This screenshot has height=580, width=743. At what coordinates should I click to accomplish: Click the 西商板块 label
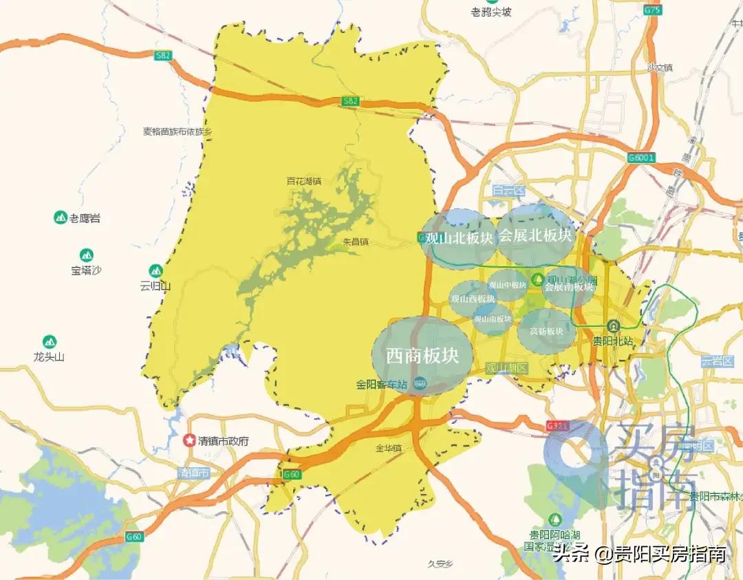point(422,356)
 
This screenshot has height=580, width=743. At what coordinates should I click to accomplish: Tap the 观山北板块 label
point(459,239)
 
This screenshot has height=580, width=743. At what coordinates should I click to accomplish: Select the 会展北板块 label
point(535,235)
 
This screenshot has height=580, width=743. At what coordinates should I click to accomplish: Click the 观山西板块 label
point(473,299)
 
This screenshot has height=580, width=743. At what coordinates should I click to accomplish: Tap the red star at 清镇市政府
point(189,441)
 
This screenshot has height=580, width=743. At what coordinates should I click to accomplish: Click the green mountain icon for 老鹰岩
point(60,218)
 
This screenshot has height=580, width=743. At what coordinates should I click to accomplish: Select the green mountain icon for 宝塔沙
point(86,255)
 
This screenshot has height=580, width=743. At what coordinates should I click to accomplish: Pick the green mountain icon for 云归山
point(155,271)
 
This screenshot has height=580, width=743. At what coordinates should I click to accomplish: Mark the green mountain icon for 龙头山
point(49,341)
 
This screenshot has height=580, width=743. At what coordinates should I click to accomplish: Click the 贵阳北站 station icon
point(613,326)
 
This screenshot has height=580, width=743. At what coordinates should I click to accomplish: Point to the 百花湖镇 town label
point(303,181)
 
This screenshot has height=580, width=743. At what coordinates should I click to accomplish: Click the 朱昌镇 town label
point(356,242)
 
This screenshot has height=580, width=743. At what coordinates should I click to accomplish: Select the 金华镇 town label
point(388,448)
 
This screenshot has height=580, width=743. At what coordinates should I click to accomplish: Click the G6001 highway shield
point(641,158)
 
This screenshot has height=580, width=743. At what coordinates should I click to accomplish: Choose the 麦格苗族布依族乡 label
point(177,131)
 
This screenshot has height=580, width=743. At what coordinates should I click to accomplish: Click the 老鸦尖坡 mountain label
point(491,12)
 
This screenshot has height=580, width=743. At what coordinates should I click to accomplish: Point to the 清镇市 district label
point(193,473)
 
